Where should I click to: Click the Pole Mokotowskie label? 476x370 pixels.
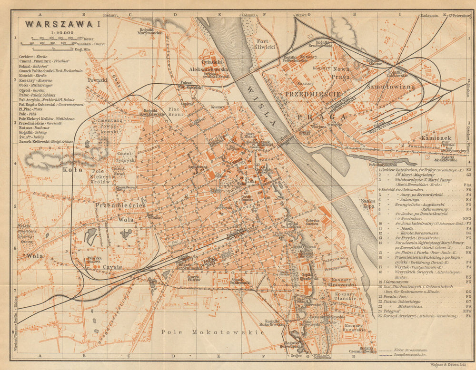[x=212, y=332]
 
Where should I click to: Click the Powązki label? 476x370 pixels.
[x=97, y=80]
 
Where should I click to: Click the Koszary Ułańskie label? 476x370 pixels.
[x=344, y=297]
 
